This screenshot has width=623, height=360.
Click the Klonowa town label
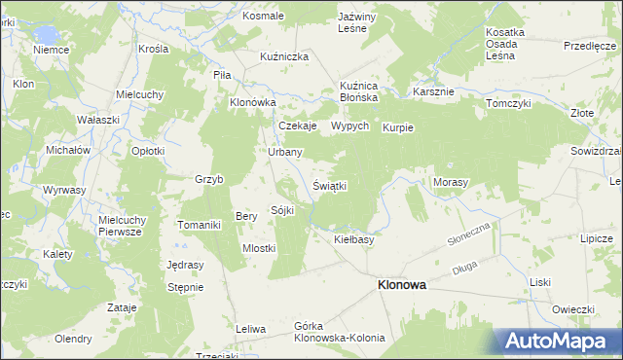pyautogui.click(x=401, y=285)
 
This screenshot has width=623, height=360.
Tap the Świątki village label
pyautogui.click(x=330, y=185)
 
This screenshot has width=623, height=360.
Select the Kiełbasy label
pyautogui.click(x=354, y=238)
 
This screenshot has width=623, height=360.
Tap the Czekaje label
pyautogui.click(x=298, y=126)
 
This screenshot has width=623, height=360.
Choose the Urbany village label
pyautogui.click(x=285, y=153)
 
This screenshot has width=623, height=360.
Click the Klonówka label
pyautogui.click(x=253, y=102)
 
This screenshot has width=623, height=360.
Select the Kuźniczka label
pyautogui.click(x=284, y=57)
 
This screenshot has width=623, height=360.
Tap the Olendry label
pyautogui.click(x=73, y=339)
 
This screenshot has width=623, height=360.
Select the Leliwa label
pyautogui.click(x=251, y=329)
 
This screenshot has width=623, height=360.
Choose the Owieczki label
pyautogui.click(x=573, y=309)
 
